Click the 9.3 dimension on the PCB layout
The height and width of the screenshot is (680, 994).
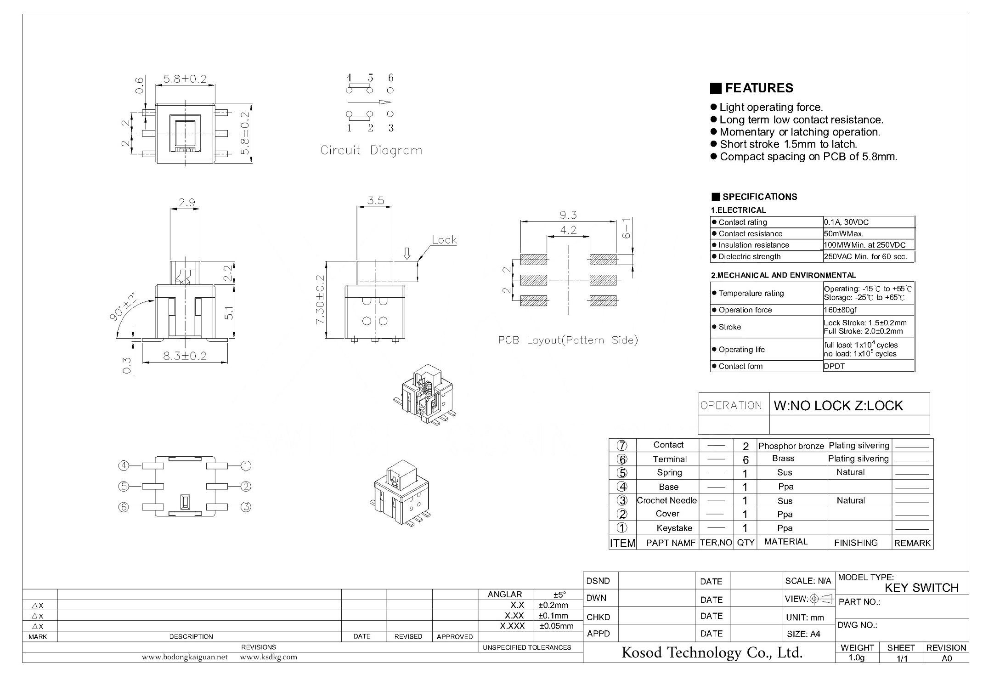pyautogui.click(x=568, y=215)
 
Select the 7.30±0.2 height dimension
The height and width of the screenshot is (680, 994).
pyautogui.click(x=320, y=300)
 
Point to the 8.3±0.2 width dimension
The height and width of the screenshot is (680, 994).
pyautogui.click(x=186, y=356)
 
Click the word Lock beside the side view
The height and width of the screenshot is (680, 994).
pyautogui.click(x=444, y=240)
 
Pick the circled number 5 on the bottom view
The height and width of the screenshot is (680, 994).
pyautogui.click(x=123, y=486)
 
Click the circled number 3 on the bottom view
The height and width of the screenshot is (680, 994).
pyautogui.click(x=246, y=507)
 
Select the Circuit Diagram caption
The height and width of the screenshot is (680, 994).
pyautogui.click(x=371, y=151)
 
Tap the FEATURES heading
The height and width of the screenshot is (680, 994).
pyautogui.click(x=759, y=88)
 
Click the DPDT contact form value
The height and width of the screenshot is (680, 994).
pyautogui.click(x=834, y=366)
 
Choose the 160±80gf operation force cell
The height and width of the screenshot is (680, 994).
pyautogui.click(x=840, y=310)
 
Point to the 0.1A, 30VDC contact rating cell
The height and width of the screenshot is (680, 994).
pyautogui.click(x=846, y=222)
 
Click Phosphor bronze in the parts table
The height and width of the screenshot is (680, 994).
pyautogui.click(x=791, y=446)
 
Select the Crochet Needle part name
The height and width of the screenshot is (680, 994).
pyautogui.click(x=666, y=500)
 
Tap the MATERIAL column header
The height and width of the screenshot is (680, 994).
pyautogui.click(x=786, y=542)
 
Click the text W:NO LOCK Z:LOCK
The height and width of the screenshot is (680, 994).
pyautogui.click(x=838, y=406)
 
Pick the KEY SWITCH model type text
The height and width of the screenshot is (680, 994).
pyautogui.click(x=921, y=588)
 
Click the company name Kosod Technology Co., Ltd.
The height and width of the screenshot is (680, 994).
pyautogui.click(x=712, y=652)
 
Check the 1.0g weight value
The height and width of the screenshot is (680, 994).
pyautogui.click(x=856, y=658)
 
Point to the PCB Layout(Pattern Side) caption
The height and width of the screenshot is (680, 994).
pyautogui.click(x=568, y=340)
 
